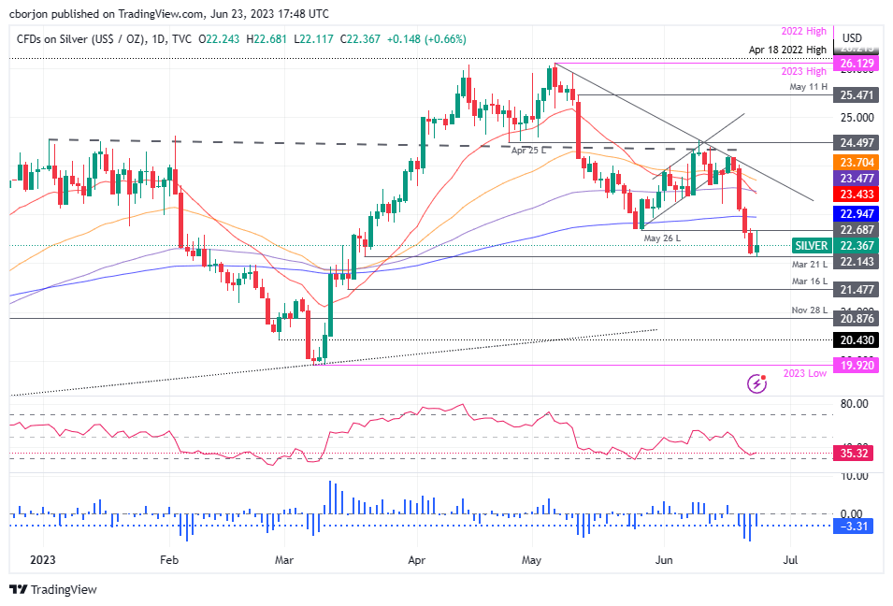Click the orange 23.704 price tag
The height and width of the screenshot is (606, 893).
click(x=857, y=161)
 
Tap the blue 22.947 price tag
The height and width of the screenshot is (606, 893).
click(x=857, y=213)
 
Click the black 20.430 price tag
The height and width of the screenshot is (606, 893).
click(x=857, y=339)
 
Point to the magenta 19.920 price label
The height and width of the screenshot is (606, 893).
click(x=857, y=366)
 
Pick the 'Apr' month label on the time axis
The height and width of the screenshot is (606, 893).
click(x=416, y=562)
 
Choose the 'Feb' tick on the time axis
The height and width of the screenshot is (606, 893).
click(x=169, y=562)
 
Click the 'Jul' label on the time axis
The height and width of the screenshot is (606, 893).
click(x=789, y=562)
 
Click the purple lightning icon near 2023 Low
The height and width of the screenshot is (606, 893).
click(x=758, y=383)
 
